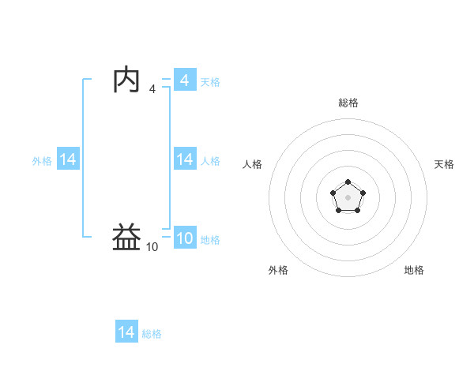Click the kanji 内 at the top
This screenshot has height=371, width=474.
click(126, 81)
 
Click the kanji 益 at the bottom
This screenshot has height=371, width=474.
click(126, 238)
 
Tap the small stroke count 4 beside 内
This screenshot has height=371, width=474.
click(152, 89)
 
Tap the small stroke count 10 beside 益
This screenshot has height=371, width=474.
click(152, 247)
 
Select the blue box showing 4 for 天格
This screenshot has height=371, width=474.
click(184, 81)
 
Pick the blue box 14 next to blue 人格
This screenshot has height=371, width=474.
click(184, 159)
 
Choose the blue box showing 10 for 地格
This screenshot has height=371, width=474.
click(184, 238)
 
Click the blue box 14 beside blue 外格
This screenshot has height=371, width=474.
click(67, 159)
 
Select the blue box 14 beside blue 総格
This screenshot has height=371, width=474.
click(126, 332)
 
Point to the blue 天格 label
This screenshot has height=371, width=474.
click(210, 82)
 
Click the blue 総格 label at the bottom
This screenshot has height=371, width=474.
click(152, 334)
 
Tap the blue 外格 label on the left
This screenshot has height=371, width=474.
click(42, 161)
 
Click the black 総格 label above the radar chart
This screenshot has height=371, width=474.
click(348, 103)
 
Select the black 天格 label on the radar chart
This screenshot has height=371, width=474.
click(444, 164)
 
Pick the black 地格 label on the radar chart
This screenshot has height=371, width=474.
click(414, 270)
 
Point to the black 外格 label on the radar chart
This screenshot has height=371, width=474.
click(278, 270)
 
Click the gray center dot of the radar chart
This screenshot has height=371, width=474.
click(348, 197)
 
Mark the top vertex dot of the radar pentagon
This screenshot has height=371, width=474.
click(348, 182)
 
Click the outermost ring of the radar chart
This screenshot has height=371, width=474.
click(348, 118)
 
